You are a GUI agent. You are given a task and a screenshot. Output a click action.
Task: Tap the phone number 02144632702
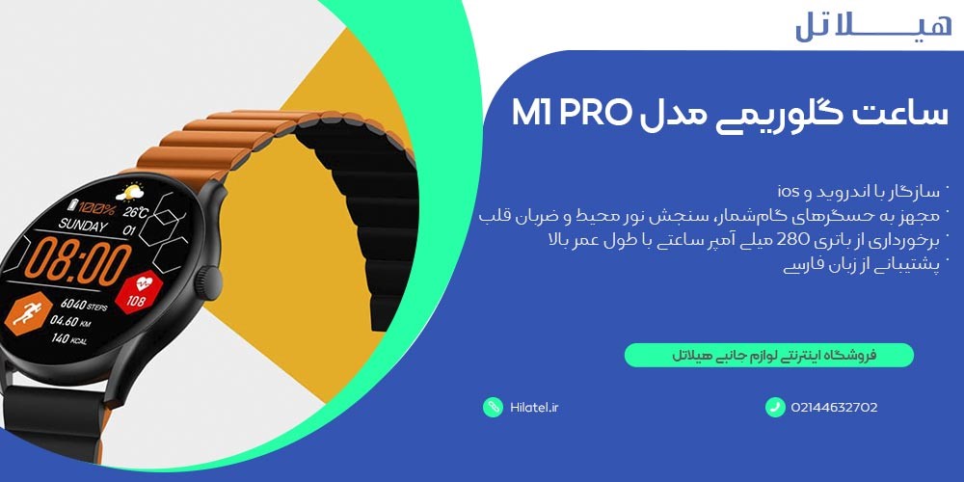(834, 407)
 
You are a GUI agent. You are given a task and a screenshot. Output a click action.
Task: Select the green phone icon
(776, 407)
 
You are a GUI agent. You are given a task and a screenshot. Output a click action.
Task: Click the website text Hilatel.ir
(534, 407)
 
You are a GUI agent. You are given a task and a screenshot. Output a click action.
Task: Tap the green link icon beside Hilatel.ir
(493, 407)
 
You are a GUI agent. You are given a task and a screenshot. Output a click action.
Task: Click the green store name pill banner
(768, 356)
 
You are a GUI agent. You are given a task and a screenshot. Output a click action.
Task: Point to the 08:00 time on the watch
(77, 260)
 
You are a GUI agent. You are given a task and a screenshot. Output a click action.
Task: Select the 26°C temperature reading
(135, 212)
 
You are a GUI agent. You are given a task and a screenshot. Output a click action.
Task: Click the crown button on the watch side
(202, 281)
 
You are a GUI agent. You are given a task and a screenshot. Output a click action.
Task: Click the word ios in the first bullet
(788, 188)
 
